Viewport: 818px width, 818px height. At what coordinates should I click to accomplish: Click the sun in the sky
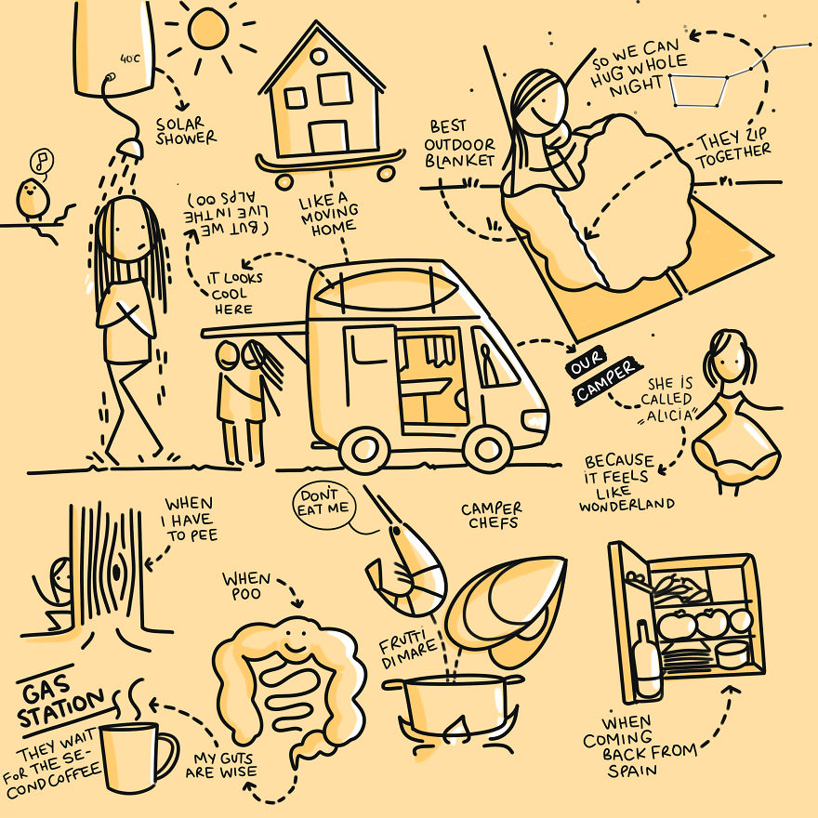(x=208, y=30)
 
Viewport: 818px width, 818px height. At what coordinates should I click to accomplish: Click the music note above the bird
(x=42, y=161)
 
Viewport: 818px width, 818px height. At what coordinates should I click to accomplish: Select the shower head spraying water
(x=130, y=148)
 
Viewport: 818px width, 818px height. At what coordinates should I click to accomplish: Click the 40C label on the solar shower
(x=130, y=59)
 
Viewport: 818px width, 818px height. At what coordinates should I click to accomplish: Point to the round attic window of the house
(x=318, y=56)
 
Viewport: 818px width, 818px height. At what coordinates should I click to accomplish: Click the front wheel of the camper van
(x=487, y=449)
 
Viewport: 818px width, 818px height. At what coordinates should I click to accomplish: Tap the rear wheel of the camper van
(x=364, y=451)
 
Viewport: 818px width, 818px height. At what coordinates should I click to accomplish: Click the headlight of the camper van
(x=534, y=420)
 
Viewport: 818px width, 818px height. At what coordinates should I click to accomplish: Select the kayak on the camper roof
(x=386, y=290)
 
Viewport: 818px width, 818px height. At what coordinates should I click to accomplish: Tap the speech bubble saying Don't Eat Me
(x=324, y=505)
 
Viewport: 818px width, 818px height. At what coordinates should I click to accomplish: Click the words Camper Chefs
(x=491, y=515)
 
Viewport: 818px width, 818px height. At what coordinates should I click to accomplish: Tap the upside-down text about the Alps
(x=227, y=214)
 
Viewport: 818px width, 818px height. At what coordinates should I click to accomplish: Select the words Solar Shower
(x=185, y=131)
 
